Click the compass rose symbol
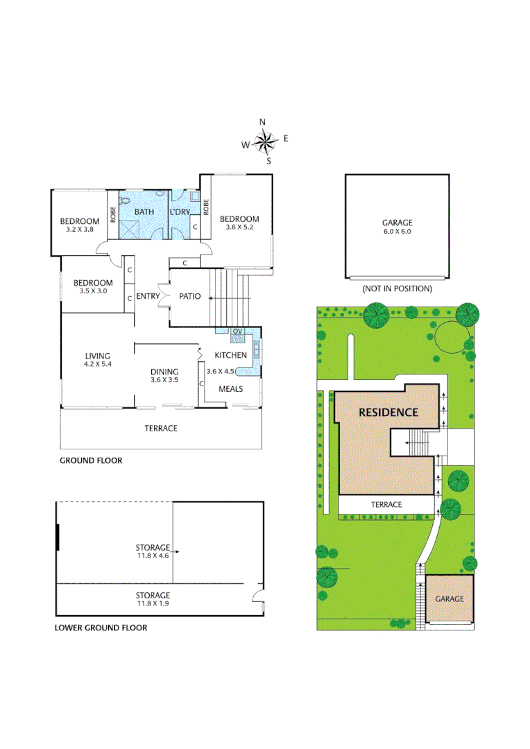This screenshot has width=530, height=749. click(x=264, y=142)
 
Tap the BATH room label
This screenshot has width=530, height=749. click(x=144, y=212)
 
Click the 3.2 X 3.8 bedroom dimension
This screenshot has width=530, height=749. click(x=79, y=230)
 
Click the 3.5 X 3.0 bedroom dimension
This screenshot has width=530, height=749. click(x=93, y=291)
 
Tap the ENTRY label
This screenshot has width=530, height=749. click(x=148, y=297)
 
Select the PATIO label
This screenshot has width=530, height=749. click(x=189, y=297)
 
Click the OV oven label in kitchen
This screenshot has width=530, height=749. click(x=237, y=331)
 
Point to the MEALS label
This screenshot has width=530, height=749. click(x=230, y=388)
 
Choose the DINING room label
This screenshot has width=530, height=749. click(x=164, y=372)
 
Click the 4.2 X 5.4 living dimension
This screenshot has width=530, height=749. click(x=98, y=363)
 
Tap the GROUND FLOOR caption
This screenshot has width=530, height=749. click(x=91, y=460)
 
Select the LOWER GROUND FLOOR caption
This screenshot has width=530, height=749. click(x=101, y=628)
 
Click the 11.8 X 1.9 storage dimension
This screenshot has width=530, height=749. click(x=153, y=603)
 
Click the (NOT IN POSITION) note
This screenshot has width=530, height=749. click(x=397, y=289)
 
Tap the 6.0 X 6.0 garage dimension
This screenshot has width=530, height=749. click(x=397, y=232)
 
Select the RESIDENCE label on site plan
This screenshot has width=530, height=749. click(x=388, y=412)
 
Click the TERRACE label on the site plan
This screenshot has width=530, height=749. click(x=386, y=504)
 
